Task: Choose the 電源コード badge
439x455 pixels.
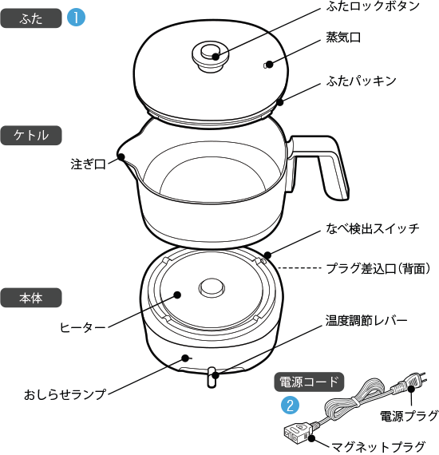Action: click(x=309, y=382)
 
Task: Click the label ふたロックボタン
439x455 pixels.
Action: click(x=372, y=7)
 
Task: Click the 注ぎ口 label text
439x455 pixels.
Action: click(x=88, y=165)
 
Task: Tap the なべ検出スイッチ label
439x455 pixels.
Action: click(x=371, y=229)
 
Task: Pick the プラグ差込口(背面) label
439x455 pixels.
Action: click(x=378, y=268)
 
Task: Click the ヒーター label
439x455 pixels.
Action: click(x=83, y=327)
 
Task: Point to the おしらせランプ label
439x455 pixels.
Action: click(x=65, y=394)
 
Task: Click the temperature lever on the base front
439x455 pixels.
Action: click(x=212, y=377)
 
